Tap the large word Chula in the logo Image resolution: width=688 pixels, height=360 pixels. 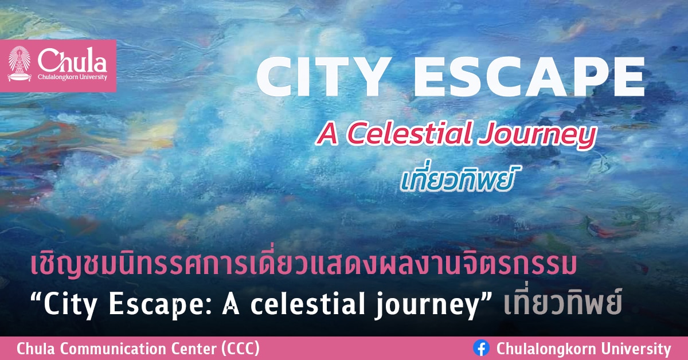72,60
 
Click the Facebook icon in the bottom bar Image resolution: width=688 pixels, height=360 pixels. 481,348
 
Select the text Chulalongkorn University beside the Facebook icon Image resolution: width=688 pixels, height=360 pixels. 583,349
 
